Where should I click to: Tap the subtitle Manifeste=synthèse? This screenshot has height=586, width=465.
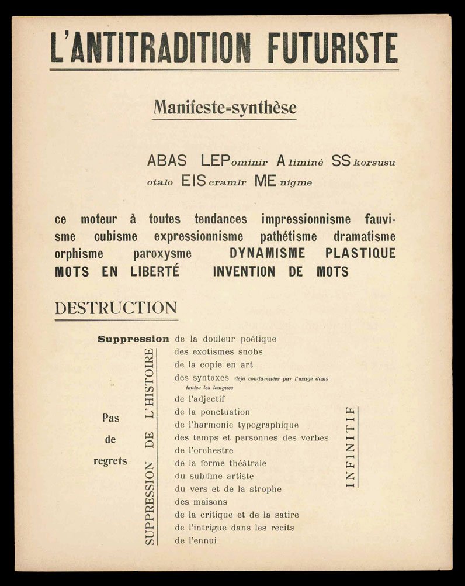tap(225, 108)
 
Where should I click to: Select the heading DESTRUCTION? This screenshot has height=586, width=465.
tap(116, 308)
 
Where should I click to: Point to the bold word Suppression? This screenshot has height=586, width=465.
tap(133, 339)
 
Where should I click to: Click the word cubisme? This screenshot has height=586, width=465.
tap(116, 237)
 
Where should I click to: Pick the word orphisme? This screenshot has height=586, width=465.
tap(79, 254)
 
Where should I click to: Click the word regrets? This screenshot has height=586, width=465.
tap(110, 461)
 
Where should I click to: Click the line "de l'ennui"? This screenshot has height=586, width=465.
tap(195, 540)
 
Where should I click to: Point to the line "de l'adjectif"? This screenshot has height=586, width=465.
tap(199, 399)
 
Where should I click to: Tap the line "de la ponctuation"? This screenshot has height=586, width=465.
tap(212, 412)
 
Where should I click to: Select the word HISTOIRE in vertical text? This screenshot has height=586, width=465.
tap(149, 375)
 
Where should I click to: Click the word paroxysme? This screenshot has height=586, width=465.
tap(162, 254)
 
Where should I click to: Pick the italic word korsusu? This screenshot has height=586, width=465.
tap(374, 163)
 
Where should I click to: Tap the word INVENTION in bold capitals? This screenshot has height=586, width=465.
tap(244, 272)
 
